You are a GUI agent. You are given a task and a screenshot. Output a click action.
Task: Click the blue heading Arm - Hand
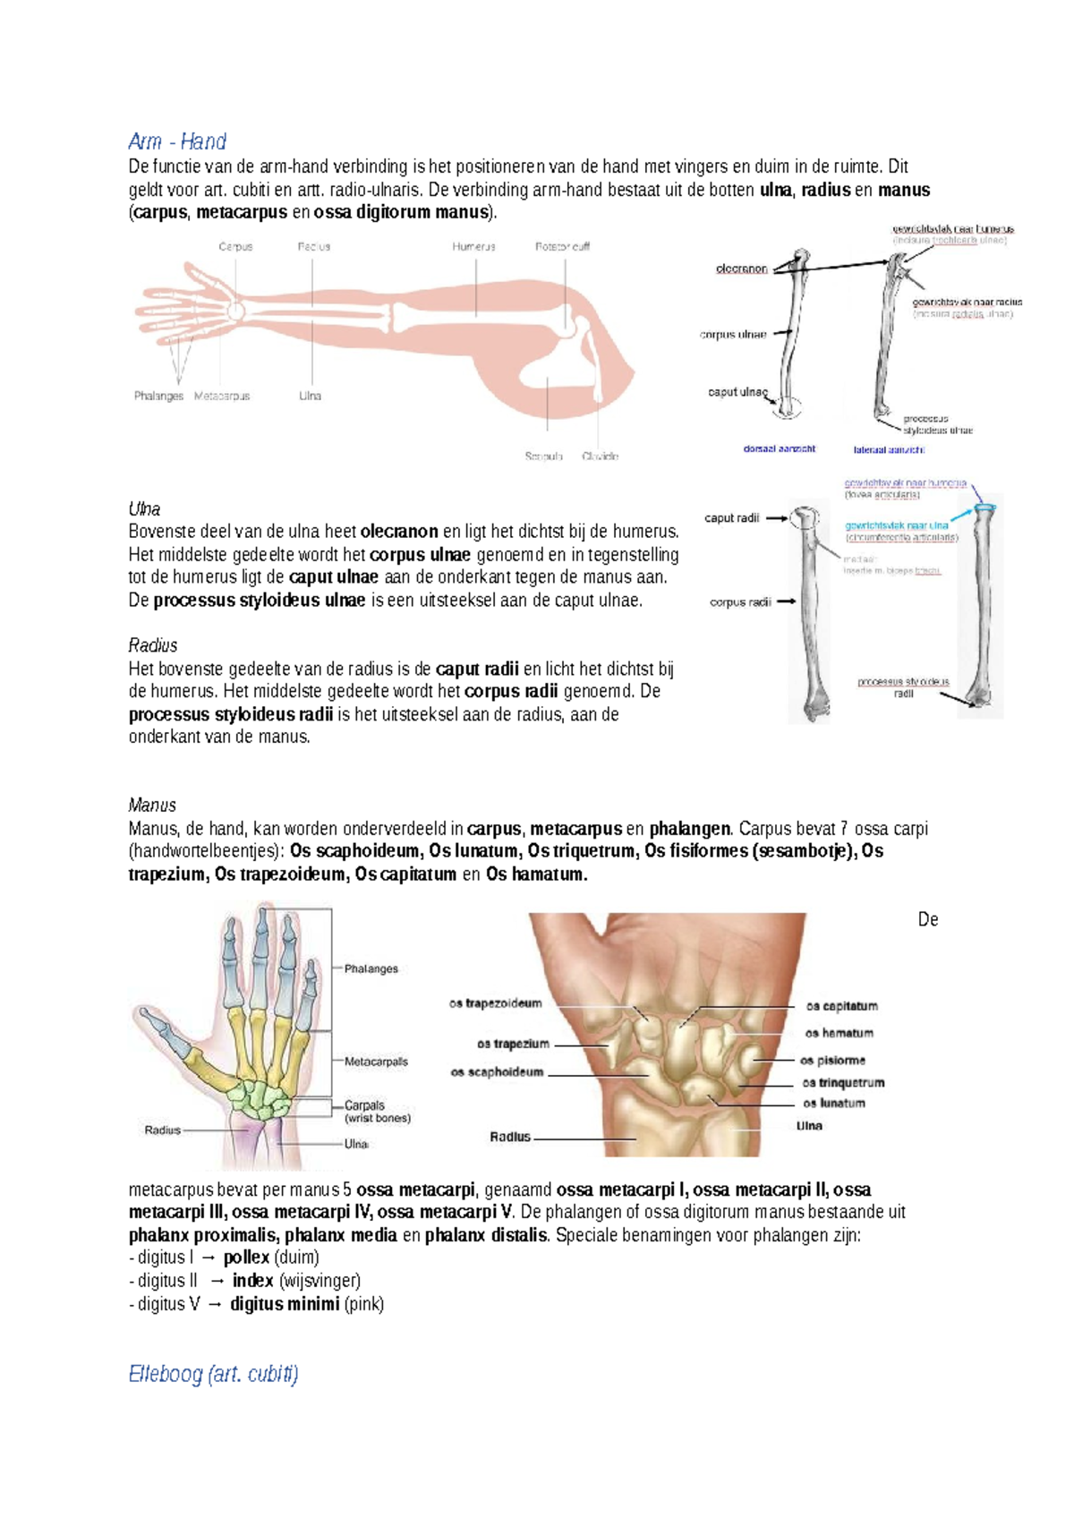point(177,141)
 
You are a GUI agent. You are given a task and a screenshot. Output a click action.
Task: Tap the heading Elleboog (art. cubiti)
point(213,1374)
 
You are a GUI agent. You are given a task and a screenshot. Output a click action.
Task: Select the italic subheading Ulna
point(144,509)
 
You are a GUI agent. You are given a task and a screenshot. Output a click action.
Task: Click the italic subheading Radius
point(153,645)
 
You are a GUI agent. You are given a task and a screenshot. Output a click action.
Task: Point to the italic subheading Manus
point(152,805)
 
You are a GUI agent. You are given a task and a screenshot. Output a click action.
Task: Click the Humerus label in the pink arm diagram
point(473,246)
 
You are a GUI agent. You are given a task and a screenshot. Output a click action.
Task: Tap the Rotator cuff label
point(562,246)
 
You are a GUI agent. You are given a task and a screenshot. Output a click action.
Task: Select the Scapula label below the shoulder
point(543,456)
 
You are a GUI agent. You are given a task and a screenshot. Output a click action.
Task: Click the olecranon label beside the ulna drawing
point(741,269)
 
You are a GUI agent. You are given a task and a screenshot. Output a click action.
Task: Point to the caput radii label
point(731,518)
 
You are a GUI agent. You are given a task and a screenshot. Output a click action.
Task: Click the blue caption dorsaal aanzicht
point(779,448)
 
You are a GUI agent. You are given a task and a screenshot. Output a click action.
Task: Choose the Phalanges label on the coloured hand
point(371,968)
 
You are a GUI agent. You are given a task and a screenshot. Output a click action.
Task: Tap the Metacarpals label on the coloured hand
point(376,1062)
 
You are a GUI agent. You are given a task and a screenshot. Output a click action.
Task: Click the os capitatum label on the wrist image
point(841,1006)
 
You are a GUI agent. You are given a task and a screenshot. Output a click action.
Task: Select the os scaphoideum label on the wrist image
point(497,1072)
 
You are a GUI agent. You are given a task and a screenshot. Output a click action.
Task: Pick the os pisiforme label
point(832,1061)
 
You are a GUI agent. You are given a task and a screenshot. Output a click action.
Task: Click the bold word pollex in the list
point(246,1258)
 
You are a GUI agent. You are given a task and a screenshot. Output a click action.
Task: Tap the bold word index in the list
point(252,1281)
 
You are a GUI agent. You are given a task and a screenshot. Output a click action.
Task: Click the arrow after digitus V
point(215,1304)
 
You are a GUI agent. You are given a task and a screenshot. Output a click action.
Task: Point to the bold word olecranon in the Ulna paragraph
point(399,532)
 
